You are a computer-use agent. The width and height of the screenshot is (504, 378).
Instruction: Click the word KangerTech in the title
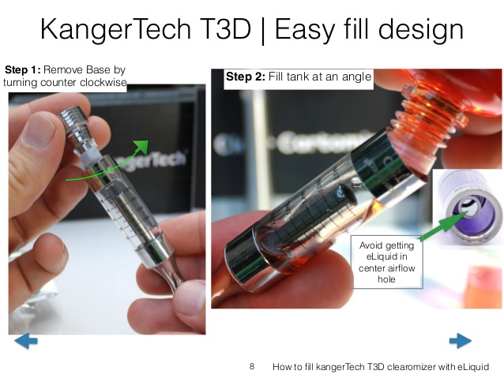[x=116, y=29]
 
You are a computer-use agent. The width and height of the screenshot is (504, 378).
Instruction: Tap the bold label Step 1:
[x=22, y=69]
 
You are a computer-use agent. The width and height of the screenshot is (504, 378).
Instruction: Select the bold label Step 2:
[x=246, y=77]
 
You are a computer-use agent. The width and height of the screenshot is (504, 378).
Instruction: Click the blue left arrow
[x=26, y=340]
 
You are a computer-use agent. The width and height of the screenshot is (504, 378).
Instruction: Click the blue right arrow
[x=461, y=340]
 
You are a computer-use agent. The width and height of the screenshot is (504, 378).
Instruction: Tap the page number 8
[x=252, y=366]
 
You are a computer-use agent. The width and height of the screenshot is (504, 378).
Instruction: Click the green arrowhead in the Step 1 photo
[x=142, y=147]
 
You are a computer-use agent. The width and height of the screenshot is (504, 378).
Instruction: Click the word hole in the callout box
[x=386, y=279]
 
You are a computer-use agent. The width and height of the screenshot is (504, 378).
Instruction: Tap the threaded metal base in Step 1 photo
[x=75, y=120]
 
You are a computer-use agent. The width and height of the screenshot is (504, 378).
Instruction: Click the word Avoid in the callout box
[x=370, y=245]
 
